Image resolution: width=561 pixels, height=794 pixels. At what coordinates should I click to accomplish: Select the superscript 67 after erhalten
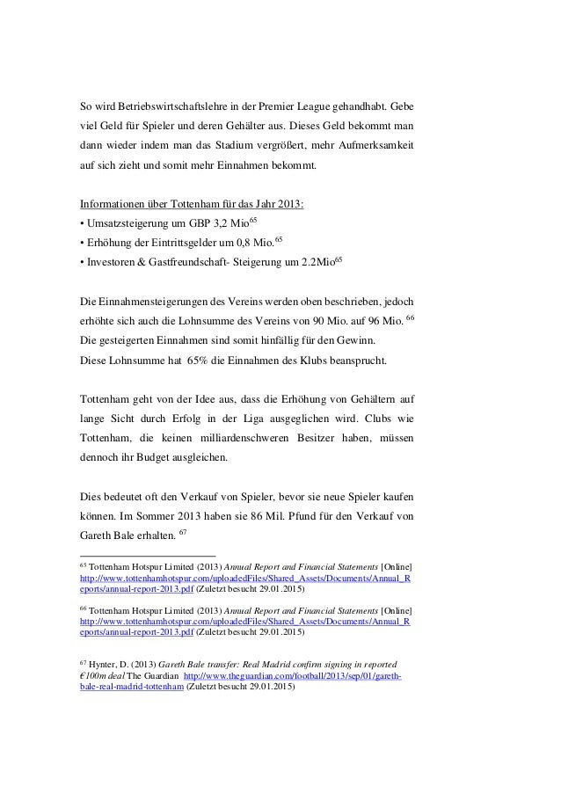183,531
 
